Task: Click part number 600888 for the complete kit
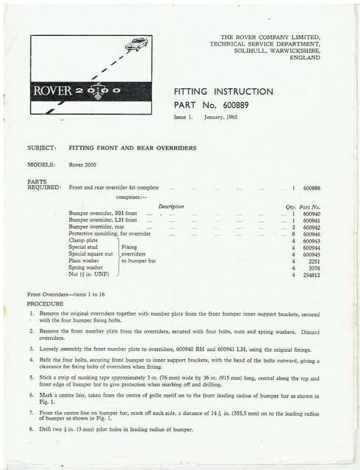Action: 312,189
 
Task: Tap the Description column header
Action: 171,206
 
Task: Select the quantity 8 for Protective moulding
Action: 293,234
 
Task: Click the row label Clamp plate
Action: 83,240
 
